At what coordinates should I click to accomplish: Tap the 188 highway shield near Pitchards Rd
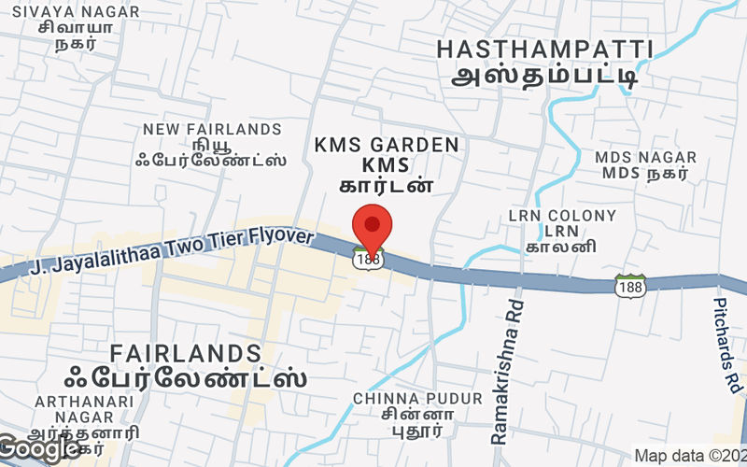tap(629, 287)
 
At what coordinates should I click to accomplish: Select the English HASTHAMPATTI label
tap(544, 50)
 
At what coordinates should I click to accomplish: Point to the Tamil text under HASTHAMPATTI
tap(544, 76)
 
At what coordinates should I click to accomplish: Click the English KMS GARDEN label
tap(387, 145)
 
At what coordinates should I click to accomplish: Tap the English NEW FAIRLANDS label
tap(212, 129)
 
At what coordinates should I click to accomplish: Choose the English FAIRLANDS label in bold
tap(186, 353)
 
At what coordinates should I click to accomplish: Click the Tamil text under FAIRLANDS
tap(186, 379)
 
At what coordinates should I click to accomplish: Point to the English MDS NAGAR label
tap(646, 156)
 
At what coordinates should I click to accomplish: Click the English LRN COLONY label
tap(562, 216)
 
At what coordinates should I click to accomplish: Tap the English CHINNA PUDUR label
tap(417, 399)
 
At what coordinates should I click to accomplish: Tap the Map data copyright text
tap(689, 456)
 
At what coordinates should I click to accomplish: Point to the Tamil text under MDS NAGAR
tap(646, 173)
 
